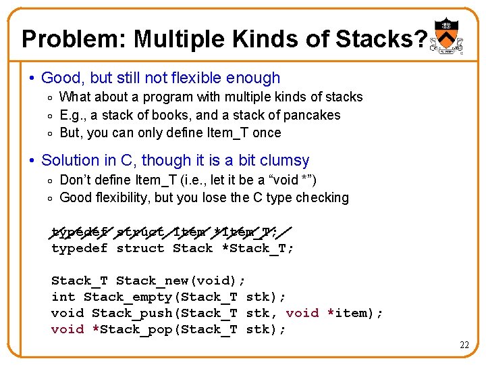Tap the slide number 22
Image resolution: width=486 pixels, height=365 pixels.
pos(464,345)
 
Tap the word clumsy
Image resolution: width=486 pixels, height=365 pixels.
pos(283,160)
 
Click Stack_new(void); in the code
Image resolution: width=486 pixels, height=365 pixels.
pos(181,281)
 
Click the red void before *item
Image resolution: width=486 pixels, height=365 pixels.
pos(302,313)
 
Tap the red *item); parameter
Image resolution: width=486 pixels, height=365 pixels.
pos(355,313)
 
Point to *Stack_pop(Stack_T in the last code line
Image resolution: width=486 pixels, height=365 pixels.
pos(165,329)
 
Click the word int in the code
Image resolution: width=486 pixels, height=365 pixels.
pos(63,297)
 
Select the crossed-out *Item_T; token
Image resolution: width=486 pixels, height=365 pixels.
pos(242,233)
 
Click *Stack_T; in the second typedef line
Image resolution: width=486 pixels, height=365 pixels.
pos(258,248)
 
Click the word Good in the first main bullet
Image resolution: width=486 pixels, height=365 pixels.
pos(59,78)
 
